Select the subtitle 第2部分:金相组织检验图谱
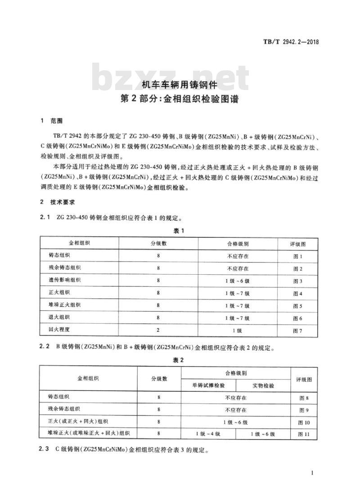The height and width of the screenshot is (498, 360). [180, 99]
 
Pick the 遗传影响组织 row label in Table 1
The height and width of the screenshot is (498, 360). [65, 281]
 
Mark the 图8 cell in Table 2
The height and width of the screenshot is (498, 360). [304, 398]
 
